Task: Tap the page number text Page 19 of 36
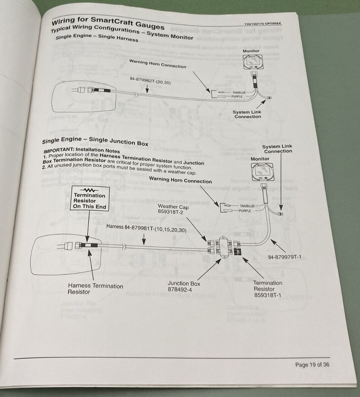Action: coord(312,365)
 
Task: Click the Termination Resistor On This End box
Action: coord(90,198)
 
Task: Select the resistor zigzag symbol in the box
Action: coord(89,190)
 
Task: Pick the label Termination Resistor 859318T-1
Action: coord(267,288)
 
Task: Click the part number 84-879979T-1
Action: coord(285,257)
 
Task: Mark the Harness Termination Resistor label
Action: coord(95,289)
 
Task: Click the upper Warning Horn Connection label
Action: coord(157,64)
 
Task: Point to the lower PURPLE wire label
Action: coord(245,211)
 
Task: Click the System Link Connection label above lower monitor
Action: coord(277,149)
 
